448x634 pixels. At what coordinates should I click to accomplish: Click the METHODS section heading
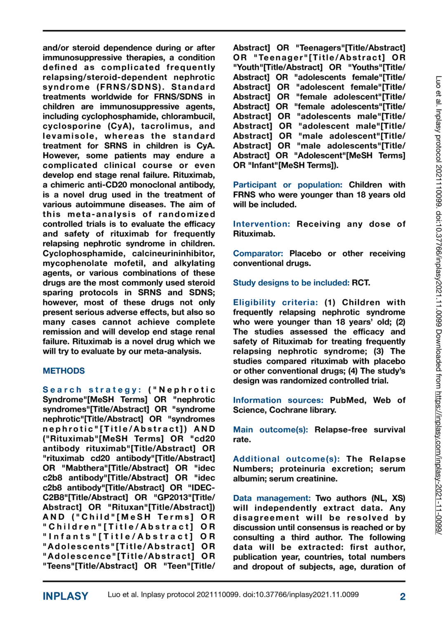click(64, 371)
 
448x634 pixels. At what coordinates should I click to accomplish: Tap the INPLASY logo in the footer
click(66, 596)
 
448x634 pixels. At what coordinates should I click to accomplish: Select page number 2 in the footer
click(402, 596)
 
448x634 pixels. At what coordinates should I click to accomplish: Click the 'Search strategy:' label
click(92, 390)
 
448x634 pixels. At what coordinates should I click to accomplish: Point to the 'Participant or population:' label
click(288, 185)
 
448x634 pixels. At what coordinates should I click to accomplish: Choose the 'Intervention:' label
click(262, 224)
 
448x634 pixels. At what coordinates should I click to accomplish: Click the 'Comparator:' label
click(258, 253)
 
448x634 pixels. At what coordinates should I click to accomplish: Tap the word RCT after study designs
click(361, 283)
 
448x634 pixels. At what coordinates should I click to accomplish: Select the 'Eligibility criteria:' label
click(276, 302)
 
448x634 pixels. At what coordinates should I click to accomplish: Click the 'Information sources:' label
click(278, 400)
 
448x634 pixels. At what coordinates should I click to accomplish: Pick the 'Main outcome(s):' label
click(270, 429)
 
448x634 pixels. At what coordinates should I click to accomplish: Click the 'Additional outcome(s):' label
click(286, 459)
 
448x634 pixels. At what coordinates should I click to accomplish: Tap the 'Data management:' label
click(272, 498)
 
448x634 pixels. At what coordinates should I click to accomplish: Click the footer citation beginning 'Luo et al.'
click(233, 594)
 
